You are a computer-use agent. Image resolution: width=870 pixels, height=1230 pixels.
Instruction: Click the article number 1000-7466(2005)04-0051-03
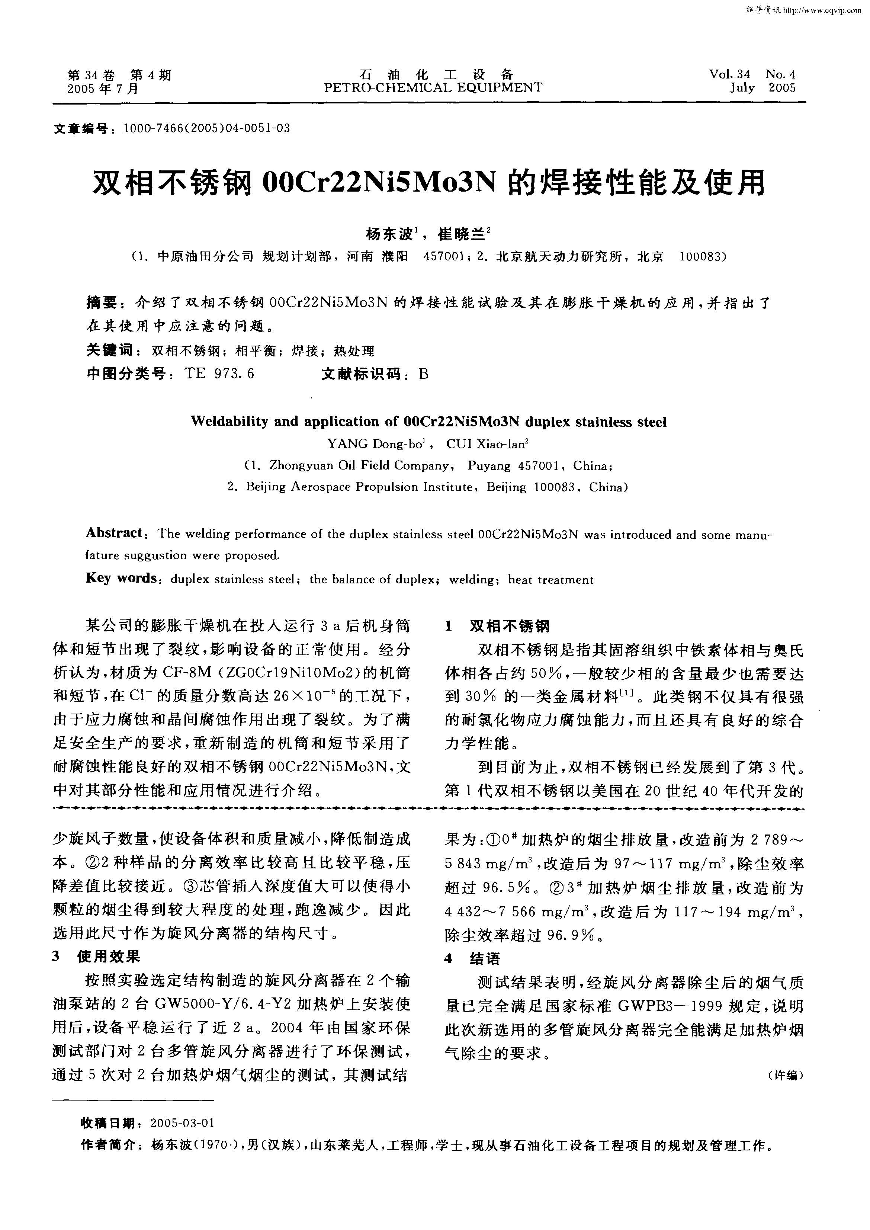point(206,129)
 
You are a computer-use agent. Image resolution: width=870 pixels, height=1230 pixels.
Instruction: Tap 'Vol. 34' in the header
point(730,74)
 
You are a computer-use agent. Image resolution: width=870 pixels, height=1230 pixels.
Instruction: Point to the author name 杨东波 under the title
point(389,234)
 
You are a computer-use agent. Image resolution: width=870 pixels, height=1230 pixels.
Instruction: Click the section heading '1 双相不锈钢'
point(498,626)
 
